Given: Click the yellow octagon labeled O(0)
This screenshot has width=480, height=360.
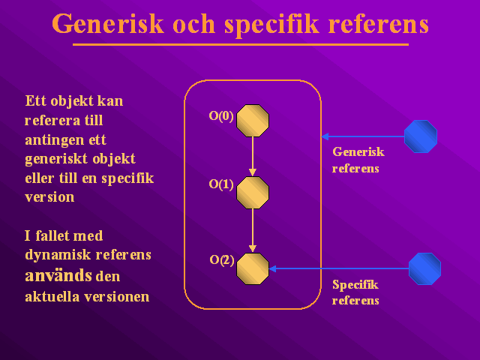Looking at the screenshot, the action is (253, 121).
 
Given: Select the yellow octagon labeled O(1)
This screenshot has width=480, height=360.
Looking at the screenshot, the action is (253, 193).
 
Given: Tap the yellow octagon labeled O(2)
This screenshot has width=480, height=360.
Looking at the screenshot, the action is (253, 268).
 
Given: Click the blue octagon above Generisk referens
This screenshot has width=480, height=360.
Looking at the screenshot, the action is (421, 136).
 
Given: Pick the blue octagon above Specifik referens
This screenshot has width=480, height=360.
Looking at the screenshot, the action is (425, 268).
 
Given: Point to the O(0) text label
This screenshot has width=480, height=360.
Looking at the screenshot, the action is (221, 116).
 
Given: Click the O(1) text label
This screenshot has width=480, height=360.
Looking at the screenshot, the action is (221, 184).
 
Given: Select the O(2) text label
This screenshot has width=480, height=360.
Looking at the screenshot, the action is (222, 260).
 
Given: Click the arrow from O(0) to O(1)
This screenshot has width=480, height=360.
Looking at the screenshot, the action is (253, 157).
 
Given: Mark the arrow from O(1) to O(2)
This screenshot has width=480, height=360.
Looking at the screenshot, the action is (253, 231).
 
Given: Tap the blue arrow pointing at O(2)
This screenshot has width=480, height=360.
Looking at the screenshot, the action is (339, 268).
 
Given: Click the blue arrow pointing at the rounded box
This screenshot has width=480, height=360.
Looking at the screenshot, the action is (363, 136).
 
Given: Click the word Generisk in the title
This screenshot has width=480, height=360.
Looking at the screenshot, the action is (108, 25).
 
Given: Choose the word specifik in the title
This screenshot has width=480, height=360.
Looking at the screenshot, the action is (272, 25).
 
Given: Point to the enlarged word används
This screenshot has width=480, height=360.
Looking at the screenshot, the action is (58, 275).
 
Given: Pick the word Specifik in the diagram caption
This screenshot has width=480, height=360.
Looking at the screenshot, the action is (355, 285).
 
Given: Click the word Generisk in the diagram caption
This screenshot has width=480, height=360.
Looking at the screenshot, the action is (358, 151).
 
